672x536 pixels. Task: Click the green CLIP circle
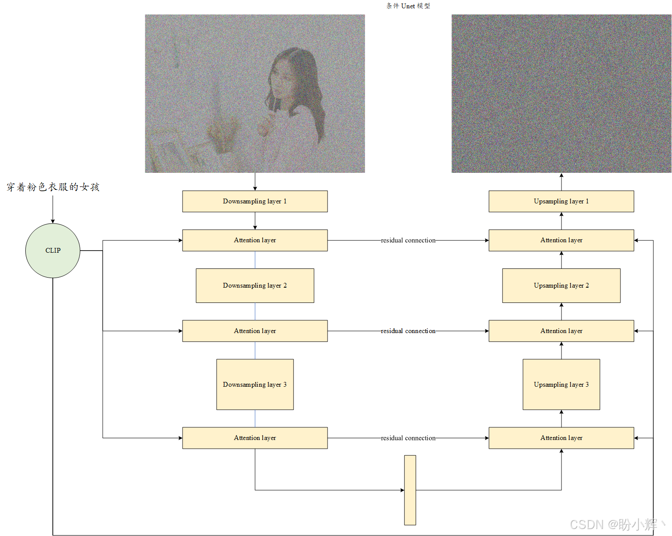[53, 251]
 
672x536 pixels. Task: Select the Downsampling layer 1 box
[255, 201]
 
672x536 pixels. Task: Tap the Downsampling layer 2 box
[255, 285]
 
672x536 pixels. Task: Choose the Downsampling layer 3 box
[255, 385]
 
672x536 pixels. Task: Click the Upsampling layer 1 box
[561, 201]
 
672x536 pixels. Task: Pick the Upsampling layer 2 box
[561, 285]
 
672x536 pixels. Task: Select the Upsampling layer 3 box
[561, 385]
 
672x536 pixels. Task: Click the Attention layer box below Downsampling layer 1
[255, 241]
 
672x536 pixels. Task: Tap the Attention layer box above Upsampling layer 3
[561, 331]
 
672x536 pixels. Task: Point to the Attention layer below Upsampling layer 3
[561, 438]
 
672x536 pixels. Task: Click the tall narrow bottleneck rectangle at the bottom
[410, 490]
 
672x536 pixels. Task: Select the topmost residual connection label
[408, 241]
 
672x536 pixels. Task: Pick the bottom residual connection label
[408, 438]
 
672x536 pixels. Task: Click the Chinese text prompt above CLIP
[53, 187]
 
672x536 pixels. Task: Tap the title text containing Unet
[408, 6]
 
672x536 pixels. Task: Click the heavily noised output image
[561, 93]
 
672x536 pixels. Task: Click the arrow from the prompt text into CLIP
[53, 210]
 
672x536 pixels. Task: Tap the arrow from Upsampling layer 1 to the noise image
[561, 182]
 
